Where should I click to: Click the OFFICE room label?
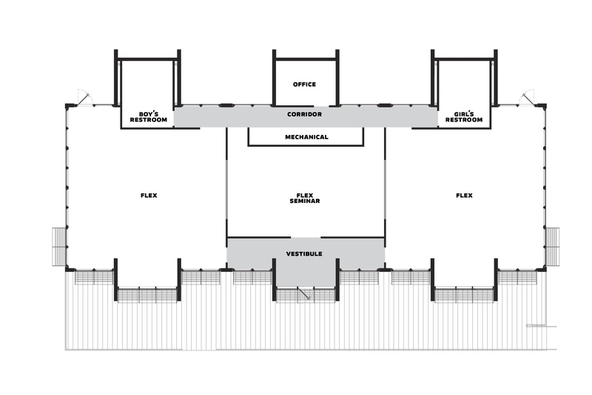304,84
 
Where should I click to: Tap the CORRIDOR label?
304,114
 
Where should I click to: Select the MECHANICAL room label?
306,137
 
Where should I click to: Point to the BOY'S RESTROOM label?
149,117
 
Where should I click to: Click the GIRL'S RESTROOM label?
464,117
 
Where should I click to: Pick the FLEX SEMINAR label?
305,198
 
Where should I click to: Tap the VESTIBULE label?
304,253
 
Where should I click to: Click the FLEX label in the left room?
149,196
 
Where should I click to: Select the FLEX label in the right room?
464,196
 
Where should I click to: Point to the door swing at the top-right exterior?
528,97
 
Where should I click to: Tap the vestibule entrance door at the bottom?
304,294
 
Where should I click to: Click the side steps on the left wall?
59,247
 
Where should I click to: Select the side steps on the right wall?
553,247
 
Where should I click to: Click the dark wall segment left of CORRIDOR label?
226,105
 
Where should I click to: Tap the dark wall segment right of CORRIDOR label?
385,105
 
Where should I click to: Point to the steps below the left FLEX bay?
147,295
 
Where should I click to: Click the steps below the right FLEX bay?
464,295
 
